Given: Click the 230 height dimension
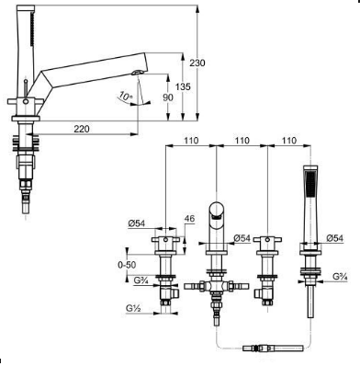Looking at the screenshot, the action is point(197,63).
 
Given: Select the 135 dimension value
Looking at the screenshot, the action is point(183,86).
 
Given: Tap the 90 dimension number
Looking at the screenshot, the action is point(168,97).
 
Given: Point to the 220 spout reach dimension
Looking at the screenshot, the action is point(82,129).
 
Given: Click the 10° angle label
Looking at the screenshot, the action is point(126,96).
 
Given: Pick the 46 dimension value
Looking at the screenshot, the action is point(189,219).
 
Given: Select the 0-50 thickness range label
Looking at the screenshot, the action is point(127,265).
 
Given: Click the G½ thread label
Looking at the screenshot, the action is point(133,308).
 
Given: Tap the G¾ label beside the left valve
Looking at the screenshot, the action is point(141,280).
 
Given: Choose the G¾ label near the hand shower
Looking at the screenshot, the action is point(340,276).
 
